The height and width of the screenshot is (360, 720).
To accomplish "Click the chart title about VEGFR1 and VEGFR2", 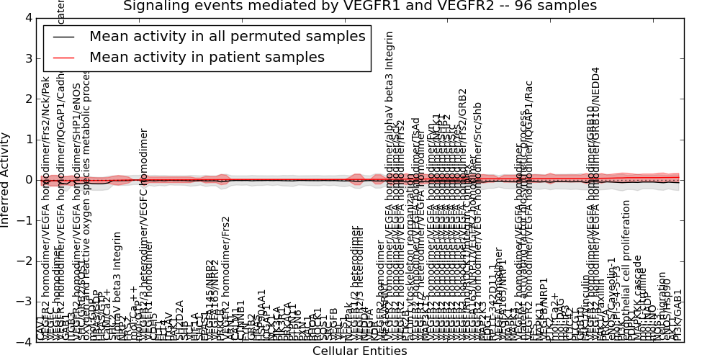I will point(359,6).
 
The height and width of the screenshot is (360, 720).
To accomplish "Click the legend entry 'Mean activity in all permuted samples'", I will point(227,37).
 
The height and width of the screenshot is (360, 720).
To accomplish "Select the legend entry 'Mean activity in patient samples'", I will point(207,57).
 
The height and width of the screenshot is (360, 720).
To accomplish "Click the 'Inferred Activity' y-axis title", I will point(6,179).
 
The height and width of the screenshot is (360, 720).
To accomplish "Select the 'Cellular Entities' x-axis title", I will point(359,351).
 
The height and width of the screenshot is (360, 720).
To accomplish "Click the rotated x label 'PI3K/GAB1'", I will point(677,317).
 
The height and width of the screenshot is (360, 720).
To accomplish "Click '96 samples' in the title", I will point(554,6).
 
